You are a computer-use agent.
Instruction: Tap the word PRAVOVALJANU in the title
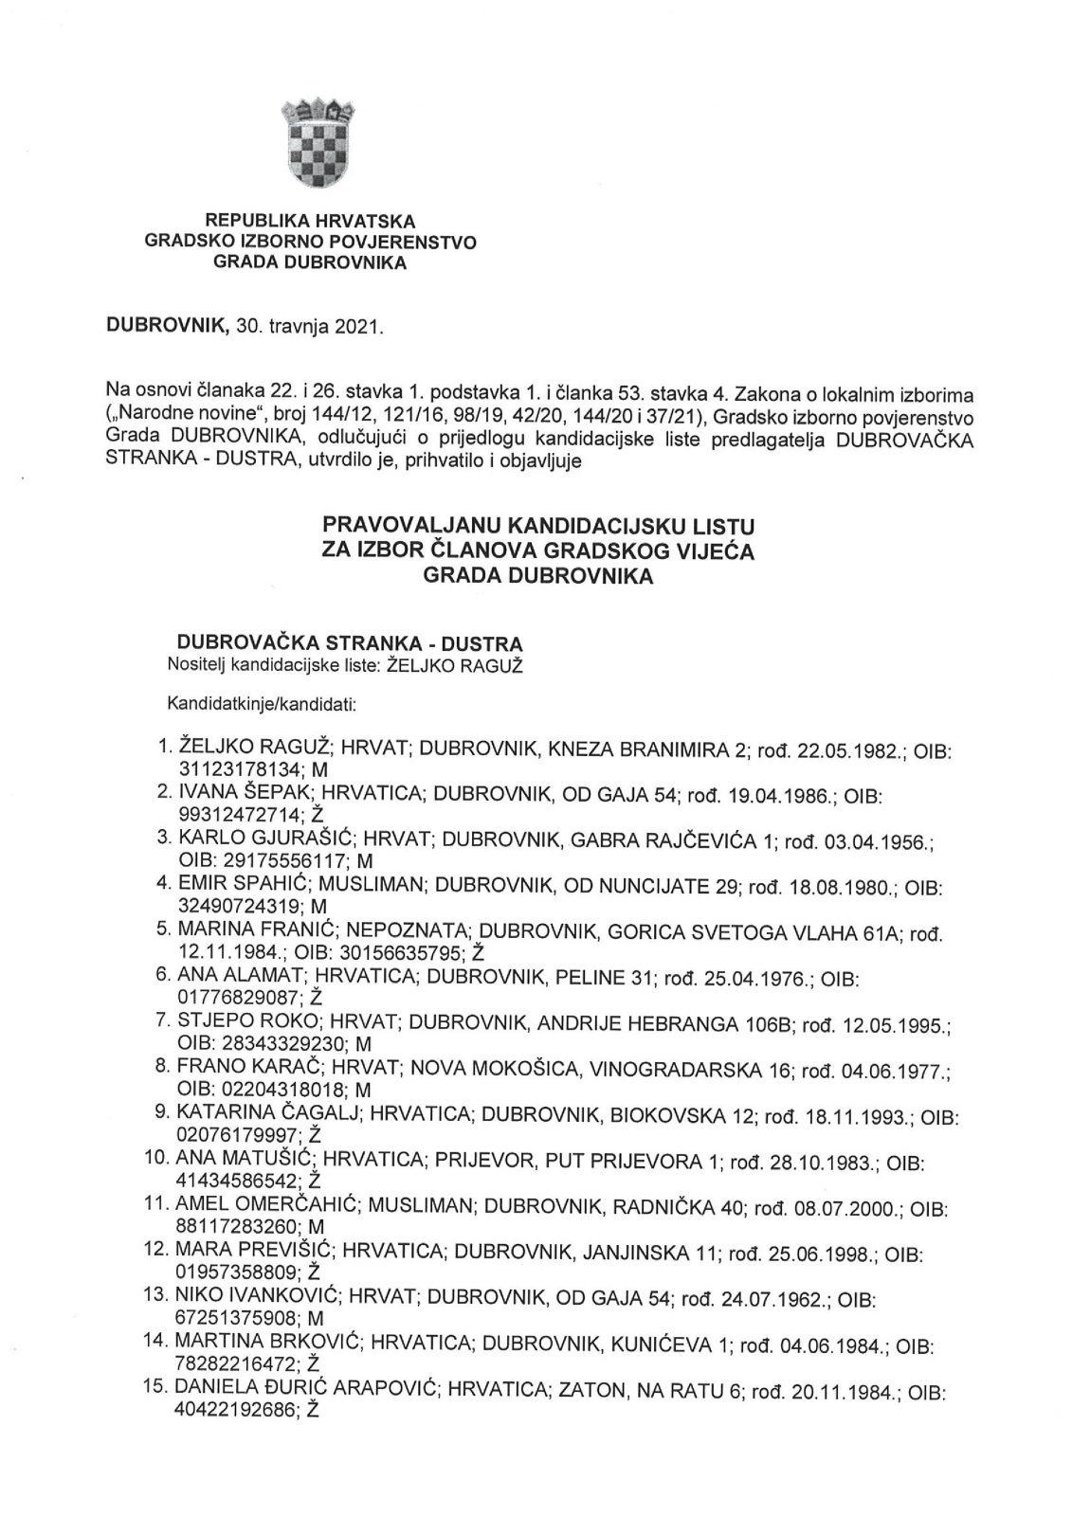412,524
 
